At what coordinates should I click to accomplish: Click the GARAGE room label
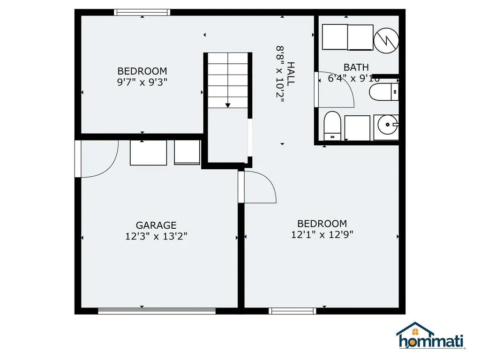tap(156, 225)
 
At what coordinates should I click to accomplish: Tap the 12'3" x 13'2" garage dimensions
tap(156, 236)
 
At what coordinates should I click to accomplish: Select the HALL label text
tap(291, 74)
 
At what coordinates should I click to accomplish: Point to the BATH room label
tap(356, 67)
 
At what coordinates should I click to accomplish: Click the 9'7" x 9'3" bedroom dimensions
tap(142, 82)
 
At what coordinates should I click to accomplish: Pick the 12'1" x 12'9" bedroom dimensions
tap(322, 234)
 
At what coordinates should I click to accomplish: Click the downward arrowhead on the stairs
tap(228, 105)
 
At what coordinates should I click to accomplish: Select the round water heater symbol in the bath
tap(386, 40)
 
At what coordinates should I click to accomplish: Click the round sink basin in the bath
tap(386, 125)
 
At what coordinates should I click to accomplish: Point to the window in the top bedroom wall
tap(142, 12)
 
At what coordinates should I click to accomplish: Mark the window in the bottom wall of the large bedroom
tap(292, 311)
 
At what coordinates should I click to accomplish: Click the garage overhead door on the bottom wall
tap(157, 311)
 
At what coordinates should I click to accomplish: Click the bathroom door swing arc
tap(346, 82)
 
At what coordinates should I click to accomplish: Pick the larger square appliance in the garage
tap(149, 153)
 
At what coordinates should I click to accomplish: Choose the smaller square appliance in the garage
tap(187, 152)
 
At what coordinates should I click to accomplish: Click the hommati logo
tap(430, 336)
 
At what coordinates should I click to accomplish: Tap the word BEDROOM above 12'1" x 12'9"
tap(322, 224)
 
